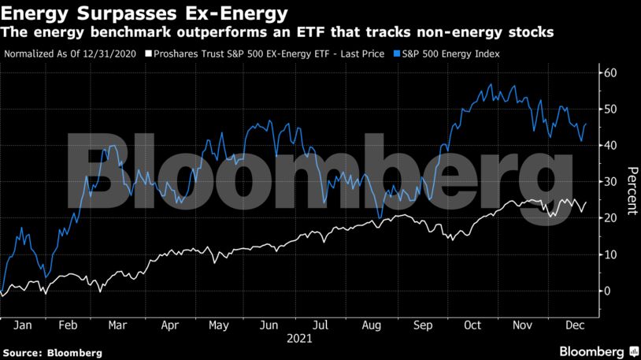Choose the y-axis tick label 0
[607, 291]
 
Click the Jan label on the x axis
[23, 324]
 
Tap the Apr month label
[170, 324]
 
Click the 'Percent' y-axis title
[630, 191]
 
